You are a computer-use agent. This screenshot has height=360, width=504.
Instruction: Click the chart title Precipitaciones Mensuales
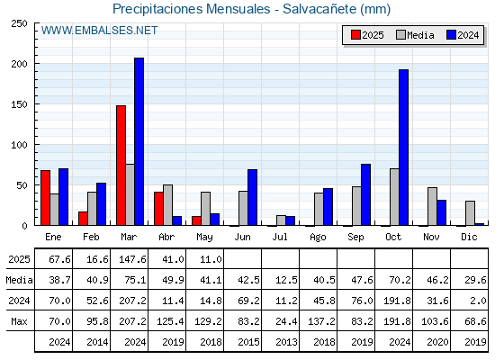pyautogui.click(x=191, y=9)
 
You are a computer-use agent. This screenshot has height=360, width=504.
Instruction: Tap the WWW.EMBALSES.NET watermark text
pyautogui.click(x=99, y=31)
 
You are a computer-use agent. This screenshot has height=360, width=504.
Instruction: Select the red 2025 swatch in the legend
pyautogui.click(x=355, y=35)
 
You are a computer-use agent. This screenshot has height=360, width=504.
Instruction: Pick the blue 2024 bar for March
pyautogui.click(x=139, y=141)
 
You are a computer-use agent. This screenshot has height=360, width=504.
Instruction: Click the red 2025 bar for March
pyautogui.click(x=121, y=166)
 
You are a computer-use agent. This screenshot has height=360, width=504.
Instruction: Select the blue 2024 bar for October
pyautogui.click(x=404, y=148)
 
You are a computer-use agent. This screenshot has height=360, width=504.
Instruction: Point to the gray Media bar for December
pyautogui.click(x=470, y=213)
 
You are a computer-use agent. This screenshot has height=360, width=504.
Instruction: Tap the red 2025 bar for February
pyautogui.click(x=83, y=219)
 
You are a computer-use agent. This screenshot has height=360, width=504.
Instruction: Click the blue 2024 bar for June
pyautogui.click(x=252, y=197)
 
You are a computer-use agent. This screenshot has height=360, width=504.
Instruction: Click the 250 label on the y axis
pyautogui.click(x=19, y=23)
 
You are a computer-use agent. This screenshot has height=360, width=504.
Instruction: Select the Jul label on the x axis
pyautogui.click(x=280, y=237)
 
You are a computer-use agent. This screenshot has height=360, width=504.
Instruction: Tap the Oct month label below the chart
pyautogui.click(x=393, y=237)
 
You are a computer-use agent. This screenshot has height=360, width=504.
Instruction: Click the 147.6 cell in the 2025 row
pyautogui.click(x=132, y=259)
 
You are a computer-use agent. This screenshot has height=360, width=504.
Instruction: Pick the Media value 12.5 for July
pyautogui.click(x=286, y=280)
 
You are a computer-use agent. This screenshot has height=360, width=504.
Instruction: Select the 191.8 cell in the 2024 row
pyautogui.click(x=397, y=301)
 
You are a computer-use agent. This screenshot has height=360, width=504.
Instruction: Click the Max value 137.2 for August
pyautogui.click(x=321, y=321)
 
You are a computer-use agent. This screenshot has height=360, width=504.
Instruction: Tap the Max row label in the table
pyautogui.click(x=19, y=321)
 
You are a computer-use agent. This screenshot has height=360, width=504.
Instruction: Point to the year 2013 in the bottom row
pyautogui.click(x=286, y=342)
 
